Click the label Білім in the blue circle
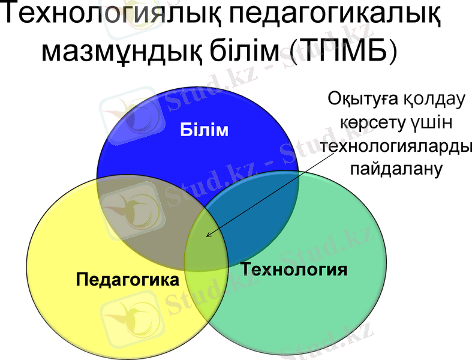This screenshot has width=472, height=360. tap(205, 130)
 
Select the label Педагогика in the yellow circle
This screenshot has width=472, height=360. tap(128, 280)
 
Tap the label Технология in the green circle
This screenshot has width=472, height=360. tap(294, 268)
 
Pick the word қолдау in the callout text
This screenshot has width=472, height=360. tap(434, 100)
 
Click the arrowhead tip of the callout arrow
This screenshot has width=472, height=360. tap(207, 236)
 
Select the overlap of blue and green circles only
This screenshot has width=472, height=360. tap(258, 216)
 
